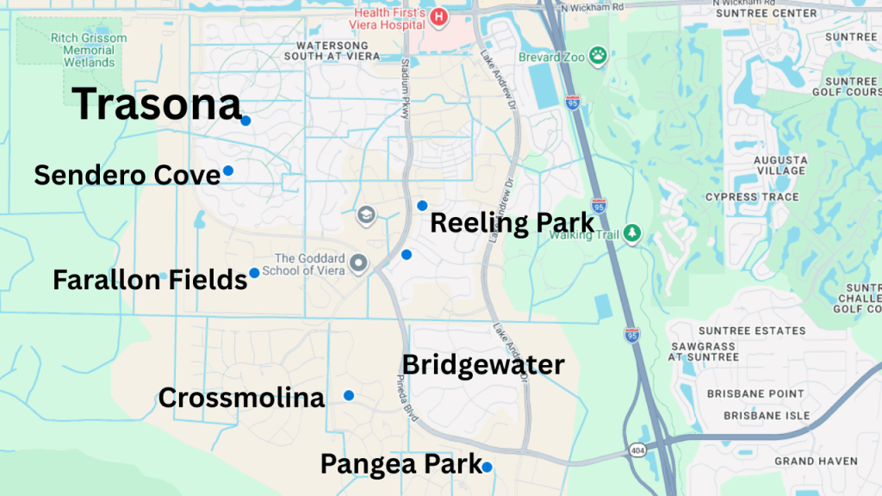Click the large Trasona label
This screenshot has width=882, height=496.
[x=157, y=105]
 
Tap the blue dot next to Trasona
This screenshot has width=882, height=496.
[x=245, y=121]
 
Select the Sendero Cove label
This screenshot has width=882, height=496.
[x=127, y=176]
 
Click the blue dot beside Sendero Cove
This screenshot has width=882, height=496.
[x=228, y=170]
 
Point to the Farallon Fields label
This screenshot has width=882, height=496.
[x=150, y=280]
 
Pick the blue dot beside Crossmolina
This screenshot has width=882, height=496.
[x=349, y=395]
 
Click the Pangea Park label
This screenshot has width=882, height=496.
[x=401, y=464]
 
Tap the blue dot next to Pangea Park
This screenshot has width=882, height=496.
[x=488, y=467]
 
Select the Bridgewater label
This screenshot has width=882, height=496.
[x=483, y=365]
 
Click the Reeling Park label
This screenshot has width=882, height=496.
[x=512, y=223]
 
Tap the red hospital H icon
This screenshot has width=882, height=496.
[x=439, y=15]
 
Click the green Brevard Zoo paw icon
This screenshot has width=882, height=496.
[x=598, y=57]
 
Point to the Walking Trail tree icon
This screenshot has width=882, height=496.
[x=633, y=232]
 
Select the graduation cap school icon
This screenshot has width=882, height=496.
[x=366, y=213]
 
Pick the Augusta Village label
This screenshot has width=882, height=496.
[x=780, y=165]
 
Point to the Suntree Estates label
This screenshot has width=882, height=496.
[x=752, y=331]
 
